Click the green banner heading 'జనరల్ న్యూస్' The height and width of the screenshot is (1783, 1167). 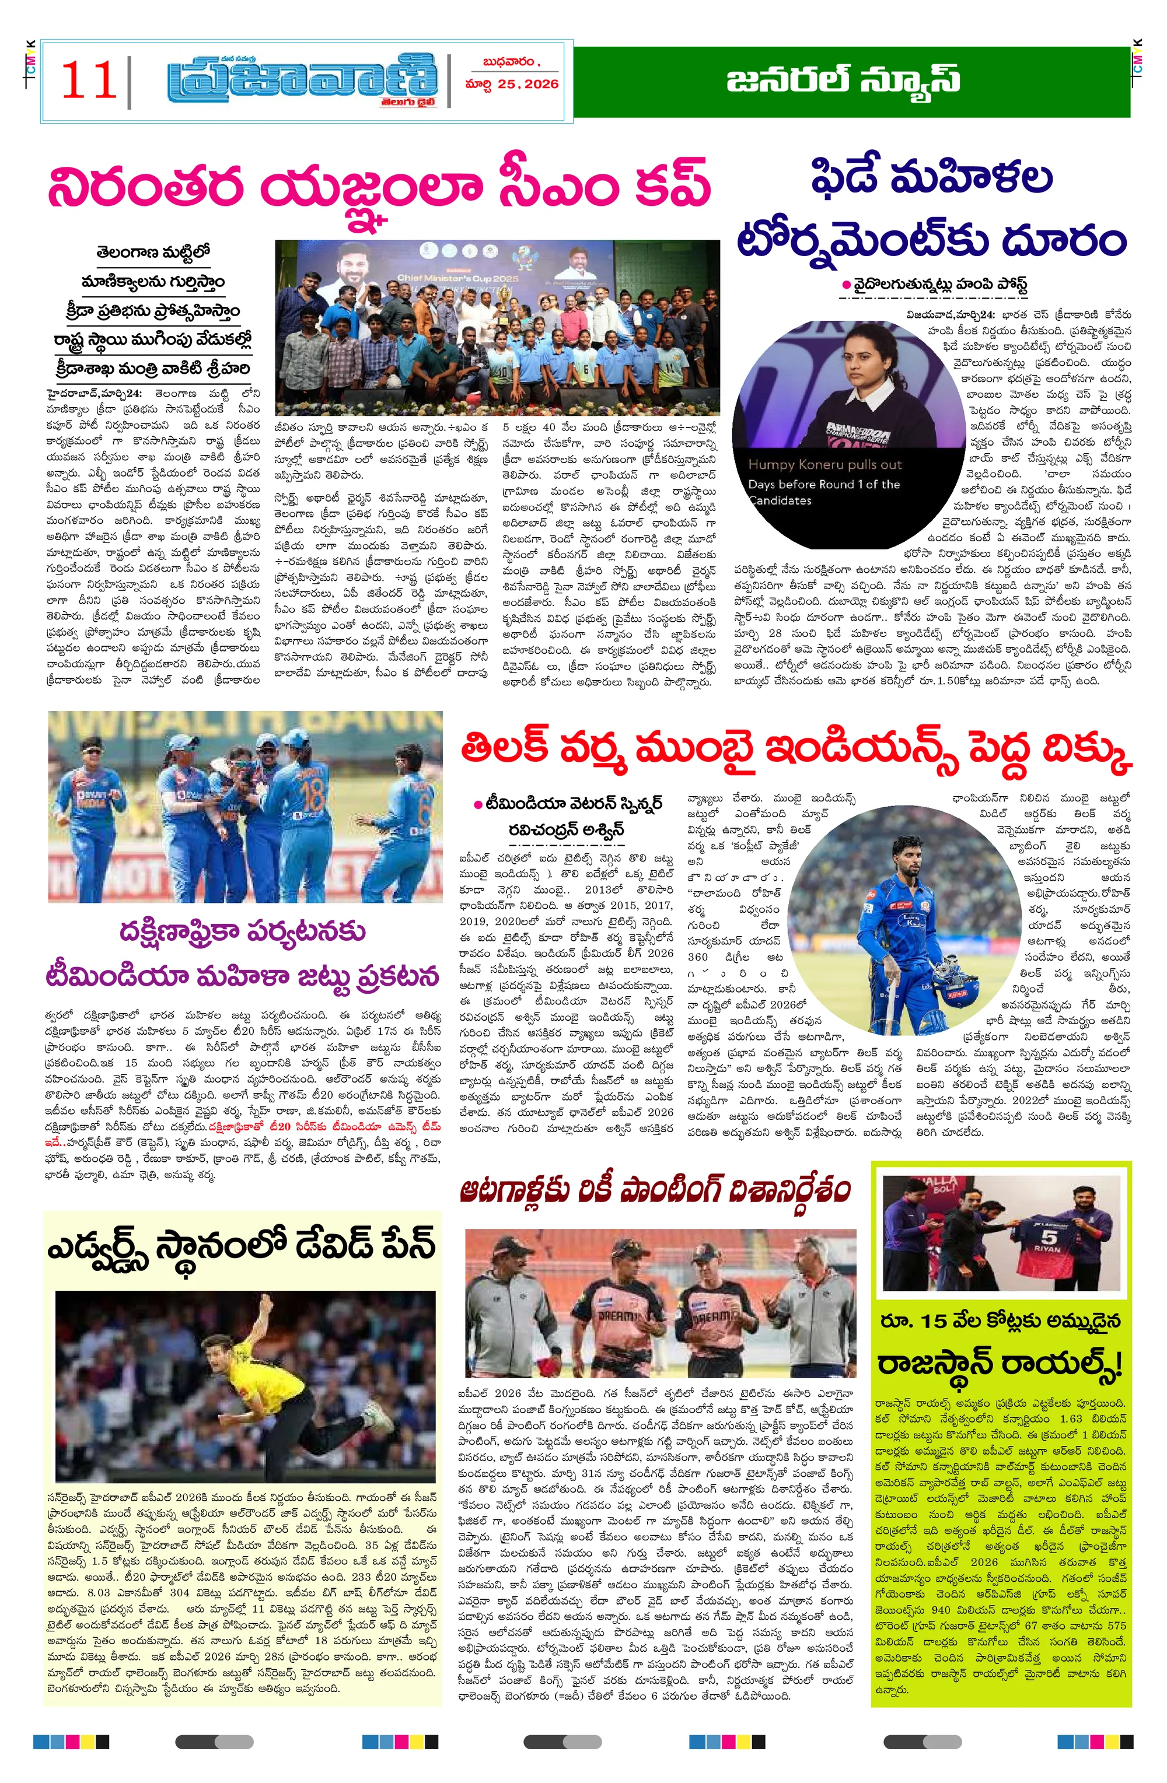843,79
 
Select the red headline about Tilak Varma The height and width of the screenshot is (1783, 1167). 795,749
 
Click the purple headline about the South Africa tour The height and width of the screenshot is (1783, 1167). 243,954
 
